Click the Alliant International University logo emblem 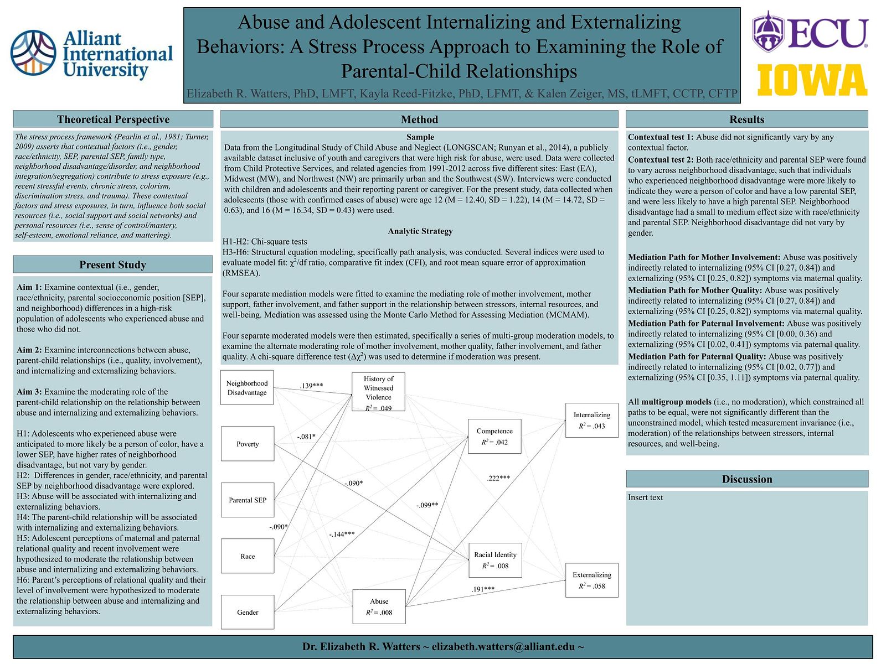[x=33, y=53]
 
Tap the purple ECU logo [x=810, y=32]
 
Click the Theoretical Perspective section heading [x=113, y=120]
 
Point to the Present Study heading [x=112, y=264]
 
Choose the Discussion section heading [x=747, y=479]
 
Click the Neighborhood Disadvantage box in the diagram [x=247, y=387]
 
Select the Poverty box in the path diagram [x=248, y=444]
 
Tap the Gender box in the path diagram [x=248, y=612]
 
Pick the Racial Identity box [x=495, y=560]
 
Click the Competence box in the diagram [x=494, y=436]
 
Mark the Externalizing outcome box [x=592, y=580]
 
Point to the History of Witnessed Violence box [x=378, y=392]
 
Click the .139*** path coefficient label [x=311, y=386]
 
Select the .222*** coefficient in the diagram [x=498, y=478]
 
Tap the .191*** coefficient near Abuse [x=483, y=589]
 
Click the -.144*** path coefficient [x=342, y=534]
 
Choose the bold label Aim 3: [x=29, y=391]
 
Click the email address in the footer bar [x=503, y=646]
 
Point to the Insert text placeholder [x=645, y=497]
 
